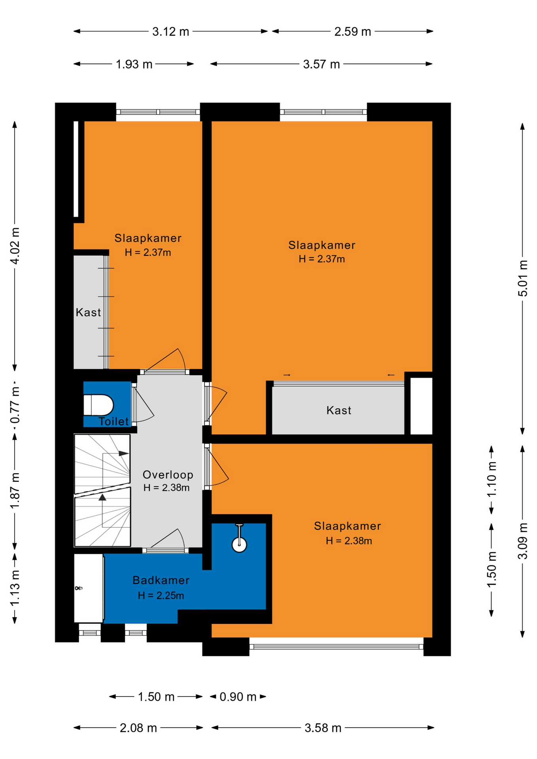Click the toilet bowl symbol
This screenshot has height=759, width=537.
point(98,405)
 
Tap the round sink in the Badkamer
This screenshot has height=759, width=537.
point(239,544)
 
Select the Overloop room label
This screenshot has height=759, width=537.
point(168,475)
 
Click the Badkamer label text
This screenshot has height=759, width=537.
point(161,580)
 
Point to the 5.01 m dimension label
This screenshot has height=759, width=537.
point(523,278)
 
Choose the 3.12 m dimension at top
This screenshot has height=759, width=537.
point(171,32)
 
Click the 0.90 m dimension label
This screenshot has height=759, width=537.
point(238,697)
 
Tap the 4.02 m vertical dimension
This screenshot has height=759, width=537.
point(15,246)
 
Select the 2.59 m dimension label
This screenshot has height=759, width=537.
point(353,32)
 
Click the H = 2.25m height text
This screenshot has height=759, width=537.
point(161,595)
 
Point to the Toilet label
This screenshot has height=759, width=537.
point(114,421)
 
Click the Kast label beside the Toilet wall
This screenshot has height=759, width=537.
point(88,312)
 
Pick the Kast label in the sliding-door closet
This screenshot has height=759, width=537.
point(339,410)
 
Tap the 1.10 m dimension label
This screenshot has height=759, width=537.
point(492,479)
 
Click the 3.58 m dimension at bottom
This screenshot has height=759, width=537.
point(323,728)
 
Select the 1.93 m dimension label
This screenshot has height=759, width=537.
point(134,64)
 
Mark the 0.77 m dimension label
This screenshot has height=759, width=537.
point(15,405)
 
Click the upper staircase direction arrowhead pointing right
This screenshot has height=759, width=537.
point(124,453)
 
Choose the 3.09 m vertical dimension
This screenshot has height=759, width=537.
point(523,541)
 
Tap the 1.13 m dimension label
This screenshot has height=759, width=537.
point(15,588)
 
